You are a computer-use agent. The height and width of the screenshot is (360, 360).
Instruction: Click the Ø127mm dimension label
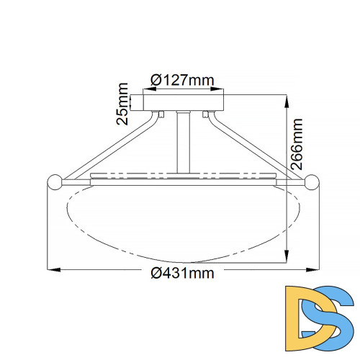coord(182,80)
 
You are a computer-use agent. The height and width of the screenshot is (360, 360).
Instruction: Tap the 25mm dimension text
coord(122,104)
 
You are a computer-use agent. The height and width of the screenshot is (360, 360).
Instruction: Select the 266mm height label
coord(297,144)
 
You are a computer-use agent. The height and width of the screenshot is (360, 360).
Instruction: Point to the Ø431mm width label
coord(182,273)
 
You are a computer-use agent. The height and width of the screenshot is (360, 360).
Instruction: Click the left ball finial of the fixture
coord(55,182)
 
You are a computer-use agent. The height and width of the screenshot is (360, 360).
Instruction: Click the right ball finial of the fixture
coord(312,182)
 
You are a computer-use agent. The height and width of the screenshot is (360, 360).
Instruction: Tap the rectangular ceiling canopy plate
coord(184,103)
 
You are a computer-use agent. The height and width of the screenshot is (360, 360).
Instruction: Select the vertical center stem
coord(184,142)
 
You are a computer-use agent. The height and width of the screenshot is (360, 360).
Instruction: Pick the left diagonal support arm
coord(110,145)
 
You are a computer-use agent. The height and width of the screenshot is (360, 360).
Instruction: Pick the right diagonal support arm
coord(256,145)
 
